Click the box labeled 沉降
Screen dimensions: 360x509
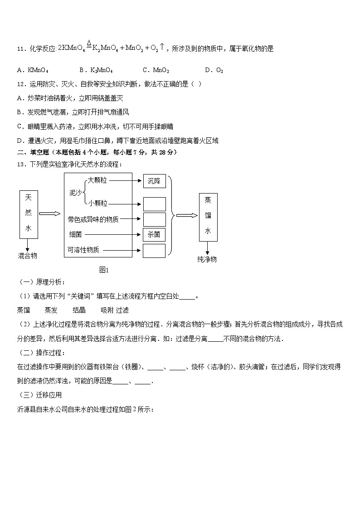point(154,181)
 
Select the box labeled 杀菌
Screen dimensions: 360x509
point(154,235)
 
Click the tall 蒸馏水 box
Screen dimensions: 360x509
point(208,218)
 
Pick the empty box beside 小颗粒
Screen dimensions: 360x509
point(154,204)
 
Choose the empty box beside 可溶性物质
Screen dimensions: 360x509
point(154,251)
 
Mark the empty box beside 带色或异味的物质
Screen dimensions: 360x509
point(154,219)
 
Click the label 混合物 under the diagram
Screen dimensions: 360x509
point(28,256)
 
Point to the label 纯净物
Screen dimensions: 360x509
point(207,259)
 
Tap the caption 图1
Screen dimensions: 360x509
point(104,270)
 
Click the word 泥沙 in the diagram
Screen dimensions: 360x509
point(75,193)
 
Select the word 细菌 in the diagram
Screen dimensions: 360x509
point(75,235)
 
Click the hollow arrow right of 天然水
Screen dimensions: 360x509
point(51,213)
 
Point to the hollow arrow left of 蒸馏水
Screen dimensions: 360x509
point(186,215)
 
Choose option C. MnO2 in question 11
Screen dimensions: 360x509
point(156,70)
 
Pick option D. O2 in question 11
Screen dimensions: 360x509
point(214,70)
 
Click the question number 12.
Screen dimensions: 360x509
point(19,84)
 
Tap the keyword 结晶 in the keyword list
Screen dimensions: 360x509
point(79,310)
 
